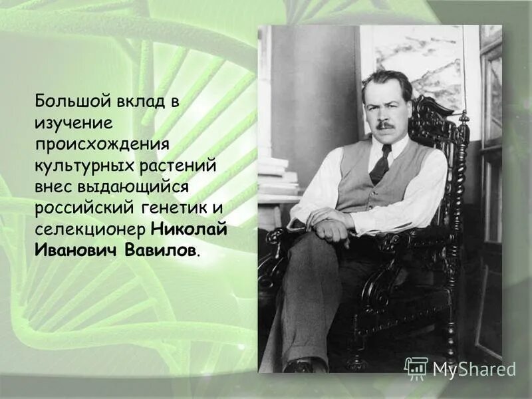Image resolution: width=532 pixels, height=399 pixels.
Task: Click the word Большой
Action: [65, 102]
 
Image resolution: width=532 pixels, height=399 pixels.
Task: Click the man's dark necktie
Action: [381, 164]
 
